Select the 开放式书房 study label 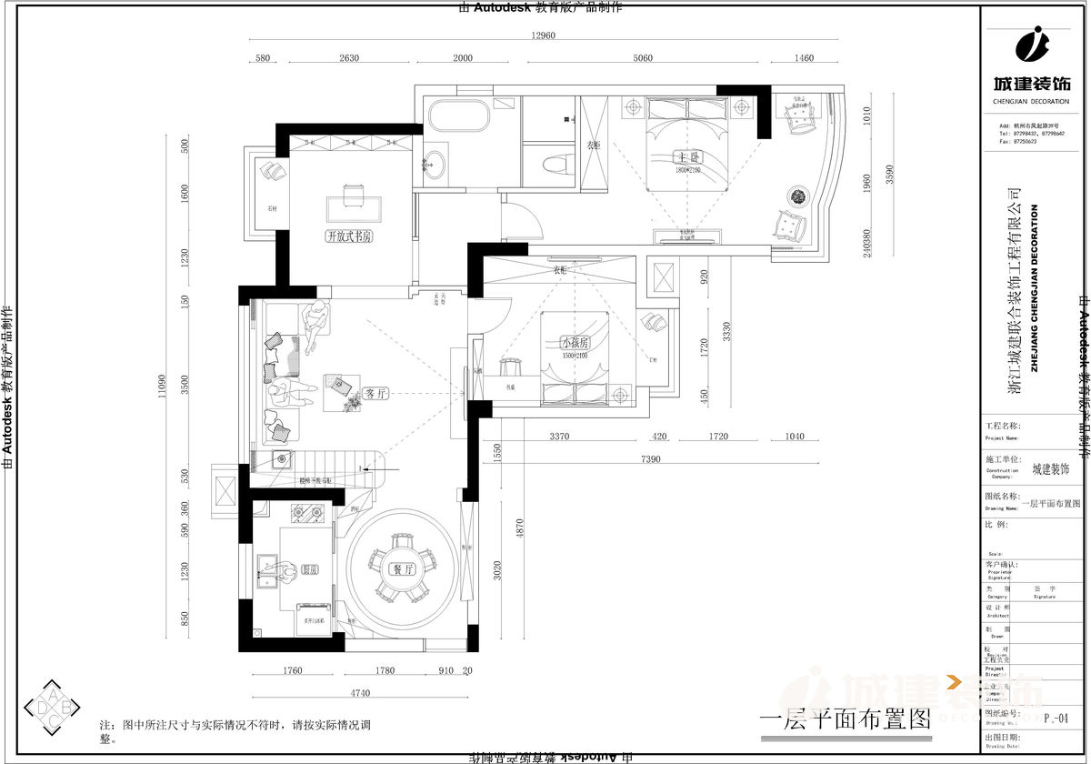click(x=349, y=236)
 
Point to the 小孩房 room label click(x=576, y=343)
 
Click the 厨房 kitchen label click(x=309, y=570)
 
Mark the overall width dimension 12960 click(x=543, y=36)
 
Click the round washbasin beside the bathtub click(x=435, y=165)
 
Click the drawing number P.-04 click(x=1056, y=719)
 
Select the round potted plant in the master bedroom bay click(x=798, y=196)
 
